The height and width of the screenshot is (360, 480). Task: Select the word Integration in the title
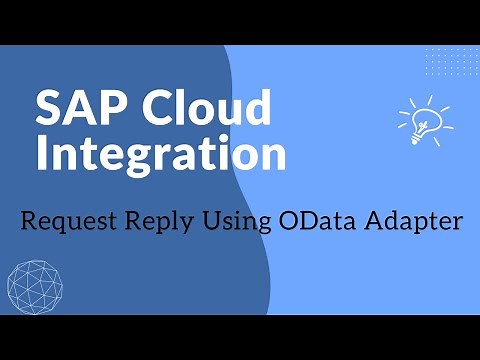(160, 156)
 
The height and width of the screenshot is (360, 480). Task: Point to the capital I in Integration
(42, 156)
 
